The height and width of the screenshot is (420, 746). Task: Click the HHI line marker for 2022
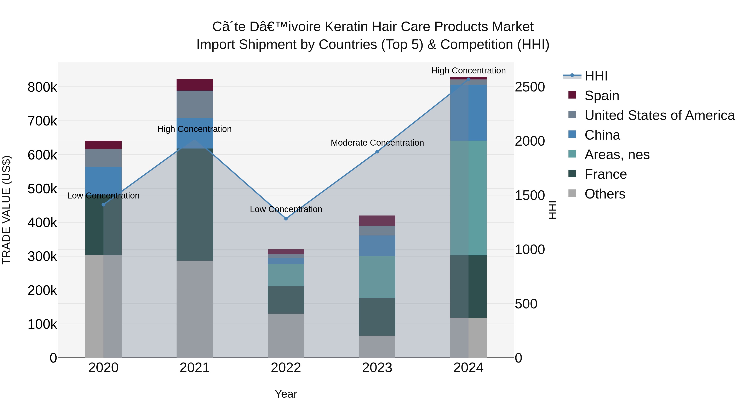click(x=286, y=219)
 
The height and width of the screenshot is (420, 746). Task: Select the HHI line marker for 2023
click(x=377, y=152)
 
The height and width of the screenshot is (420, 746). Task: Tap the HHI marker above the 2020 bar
click(x=103, y=205)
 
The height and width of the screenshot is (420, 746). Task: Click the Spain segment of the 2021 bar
click(x=195, y=85)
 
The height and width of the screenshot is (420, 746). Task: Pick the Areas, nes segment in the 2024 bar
click(x=468, y=198)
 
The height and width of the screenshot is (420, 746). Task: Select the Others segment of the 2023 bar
click(x=377, y=347)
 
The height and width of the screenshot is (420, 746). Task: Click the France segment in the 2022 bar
click(x=286, y=300)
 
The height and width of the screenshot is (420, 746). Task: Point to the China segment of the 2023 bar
click(x=377, y=246)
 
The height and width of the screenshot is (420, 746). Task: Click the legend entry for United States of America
click(x=659, y=115)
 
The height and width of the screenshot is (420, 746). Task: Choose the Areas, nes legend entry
click(x=617, y=155)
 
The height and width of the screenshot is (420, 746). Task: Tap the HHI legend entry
click(x=596, y=76)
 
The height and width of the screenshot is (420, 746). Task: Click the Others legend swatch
click(x=572, y=193)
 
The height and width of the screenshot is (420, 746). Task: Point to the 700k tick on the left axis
click(x=42, y=121)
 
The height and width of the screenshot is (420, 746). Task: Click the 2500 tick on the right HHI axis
click(x=530, y=87)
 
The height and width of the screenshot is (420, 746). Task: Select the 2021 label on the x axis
click(x=195, y=368)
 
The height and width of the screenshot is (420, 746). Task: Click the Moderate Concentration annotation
click(x=377, y=143)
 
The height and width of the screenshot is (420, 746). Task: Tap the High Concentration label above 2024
click(x=468, y=71)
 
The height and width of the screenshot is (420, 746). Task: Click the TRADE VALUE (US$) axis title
click(x=6, y=210)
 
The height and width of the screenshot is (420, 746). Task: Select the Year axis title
click(x=286, y=394)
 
